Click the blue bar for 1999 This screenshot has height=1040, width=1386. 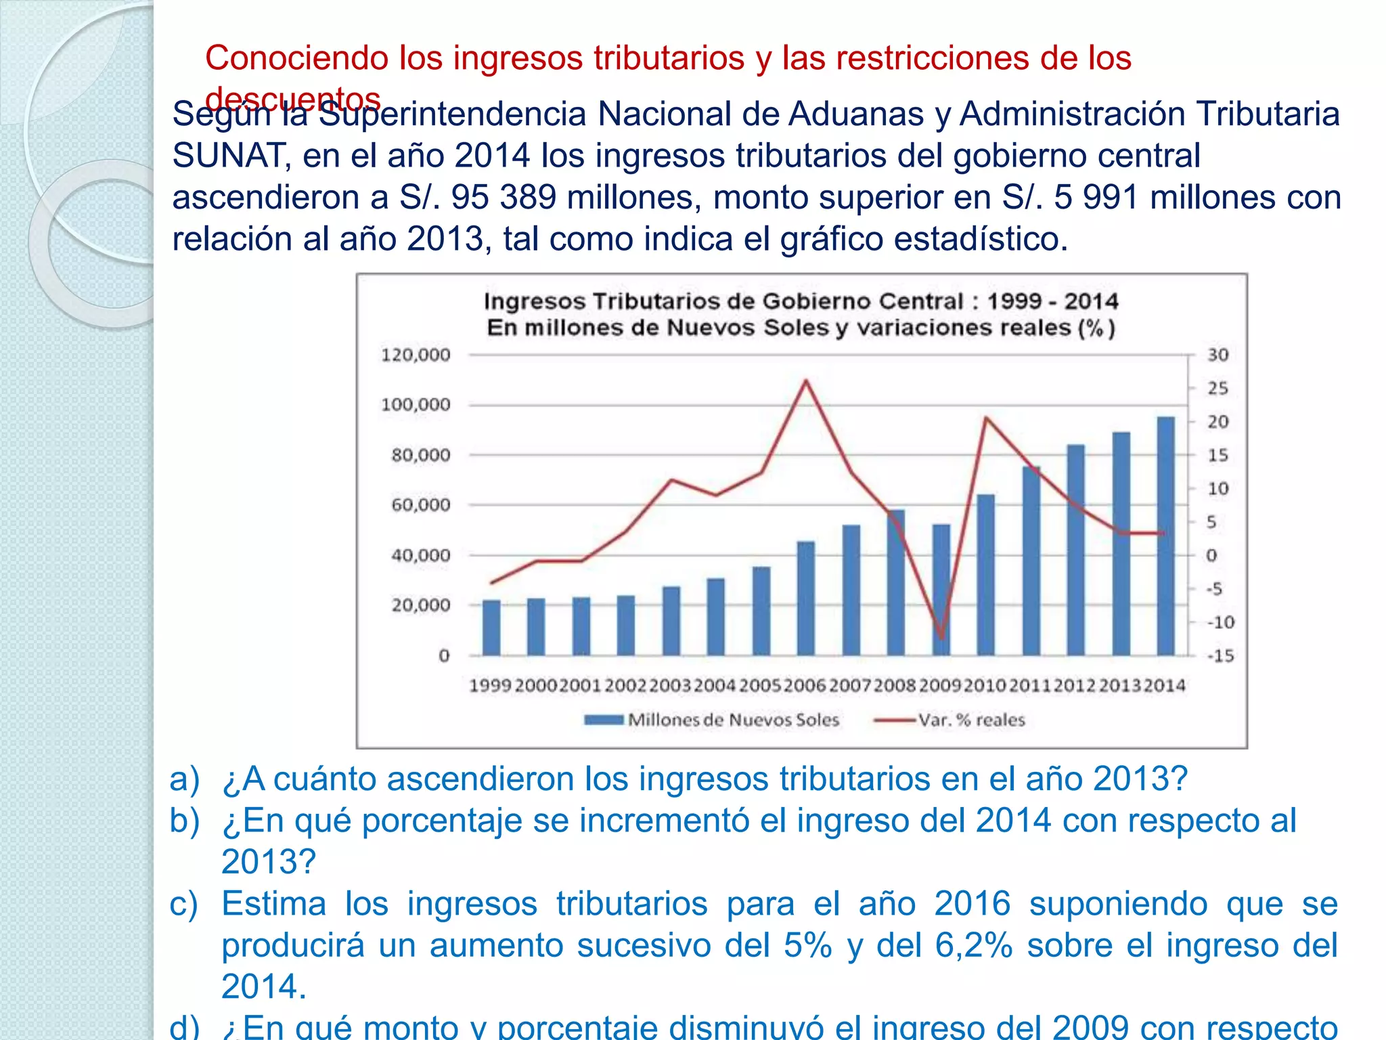pos(491,628)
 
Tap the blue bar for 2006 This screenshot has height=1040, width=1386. pos(806,599)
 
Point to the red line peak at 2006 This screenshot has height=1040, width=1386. pos(806,381)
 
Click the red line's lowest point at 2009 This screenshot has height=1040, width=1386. pos(941,637)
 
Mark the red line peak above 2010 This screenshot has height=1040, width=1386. pos(986,418)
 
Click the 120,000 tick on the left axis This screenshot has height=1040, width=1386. pos(416,355)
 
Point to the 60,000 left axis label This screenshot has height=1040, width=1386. pos(420,505)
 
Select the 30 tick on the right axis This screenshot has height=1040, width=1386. pos(1217,355)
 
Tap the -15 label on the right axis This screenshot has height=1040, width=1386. pos(1220,655)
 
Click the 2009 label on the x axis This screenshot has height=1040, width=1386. pos(940,686)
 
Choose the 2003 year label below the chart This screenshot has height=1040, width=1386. pos(670,686)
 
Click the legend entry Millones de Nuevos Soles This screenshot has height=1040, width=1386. pos(733,720)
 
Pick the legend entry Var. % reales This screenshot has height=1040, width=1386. pos(970,720)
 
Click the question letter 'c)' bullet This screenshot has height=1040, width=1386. pos(184,904)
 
